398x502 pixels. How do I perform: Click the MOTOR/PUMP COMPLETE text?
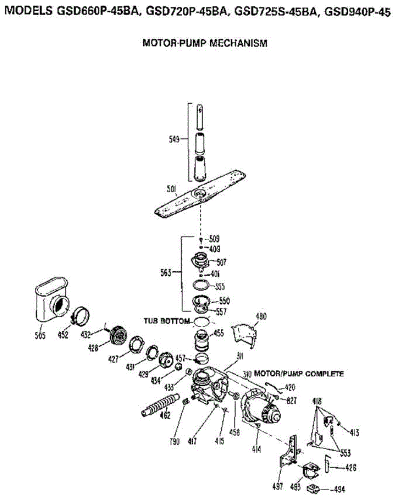pyautogui.click(x=299, y=373)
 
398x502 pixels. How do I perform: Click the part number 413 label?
pyautogui.click(x=354, y=433)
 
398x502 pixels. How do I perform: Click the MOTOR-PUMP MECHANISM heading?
pyautogui.click(x=205, y=43)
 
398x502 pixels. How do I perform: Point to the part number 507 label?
pyautogui.click(x=222, y=262)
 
